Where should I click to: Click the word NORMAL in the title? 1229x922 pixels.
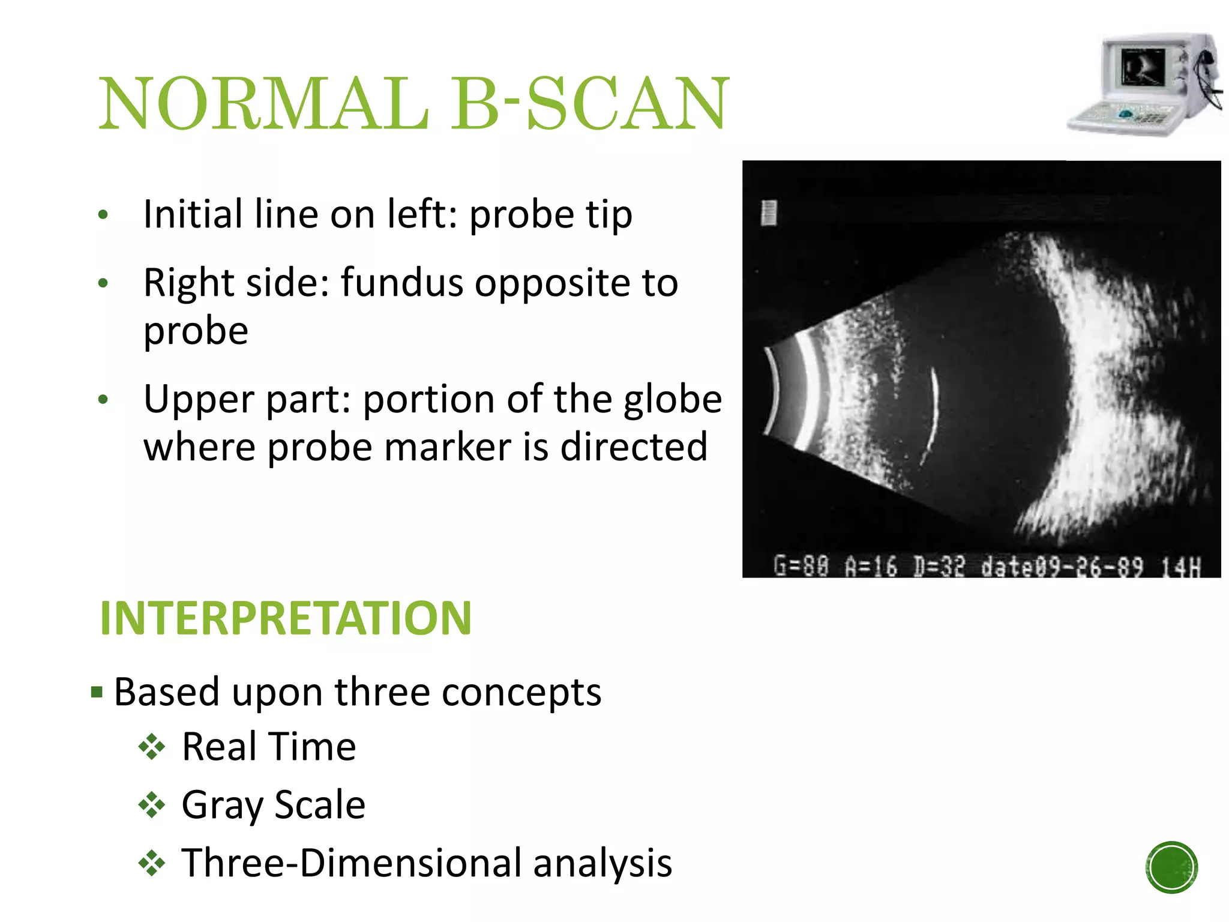tap(264, 103)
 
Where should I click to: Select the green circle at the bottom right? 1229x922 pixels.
tap(1171, 867)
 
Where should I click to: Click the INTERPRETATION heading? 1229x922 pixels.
tap(286, 618)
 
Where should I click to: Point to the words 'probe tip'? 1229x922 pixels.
tap(550, 215)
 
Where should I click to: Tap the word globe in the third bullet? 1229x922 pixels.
tap(672, 399)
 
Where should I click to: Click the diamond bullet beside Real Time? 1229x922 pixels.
tap(151, 747)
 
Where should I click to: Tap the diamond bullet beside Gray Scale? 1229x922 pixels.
tap(151, 806)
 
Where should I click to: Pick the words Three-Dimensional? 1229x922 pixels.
tap(352, 863)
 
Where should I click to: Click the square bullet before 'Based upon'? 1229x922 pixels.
tap(97, 693)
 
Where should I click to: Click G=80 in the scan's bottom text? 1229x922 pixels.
tap(801, 565)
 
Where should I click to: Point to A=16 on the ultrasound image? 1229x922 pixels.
tap(871, 565)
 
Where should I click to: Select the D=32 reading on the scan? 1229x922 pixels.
tap(939, 565)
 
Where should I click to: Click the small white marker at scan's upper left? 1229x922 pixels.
tap(769, 213)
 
